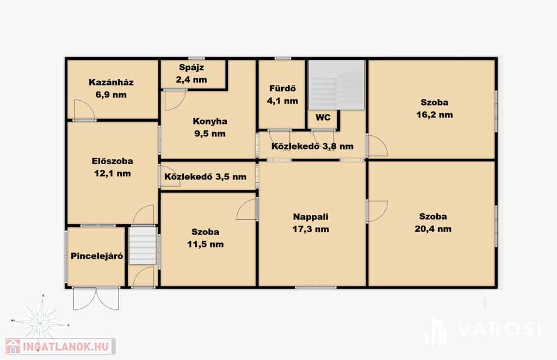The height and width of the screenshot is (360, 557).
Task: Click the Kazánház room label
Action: point(111,89)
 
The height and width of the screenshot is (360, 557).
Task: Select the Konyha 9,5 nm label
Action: point(210,127)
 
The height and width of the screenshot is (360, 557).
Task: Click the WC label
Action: point(323,117)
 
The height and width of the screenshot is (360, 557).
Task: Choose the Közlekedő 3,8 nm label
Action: point(312,146)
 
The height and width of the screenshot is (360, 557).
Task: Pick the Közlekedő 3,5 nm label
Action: point(205,177)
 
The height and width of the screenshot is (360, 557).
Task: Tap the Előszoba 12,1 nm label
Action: point(112,167)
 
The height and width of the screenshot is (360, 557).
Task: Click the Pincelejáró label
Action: point(97,256)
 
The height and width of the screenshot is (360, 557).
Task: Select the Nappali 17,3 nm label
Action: point(311,223)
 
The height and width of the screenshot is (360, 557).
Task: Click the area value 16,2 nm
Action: point(435,115)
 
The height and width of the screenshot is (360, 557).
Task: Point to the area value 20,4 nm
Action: point(433,228)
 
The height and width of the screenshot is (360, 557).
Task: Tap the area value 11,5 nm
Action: point(205,244)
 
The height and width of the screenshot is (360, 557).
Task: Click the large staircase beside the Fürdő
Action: point(336,85)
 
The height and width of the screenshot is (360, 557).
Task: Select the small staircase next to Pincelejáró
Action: point(143,246)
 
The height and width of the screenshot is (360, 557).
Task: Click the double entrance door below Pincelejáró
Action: point(96,299)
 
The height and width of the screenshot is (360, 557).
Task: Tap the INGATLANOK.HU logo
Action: point(60,346)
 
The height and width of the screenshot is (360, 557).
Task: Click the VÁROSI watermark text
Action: point(499,328)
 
